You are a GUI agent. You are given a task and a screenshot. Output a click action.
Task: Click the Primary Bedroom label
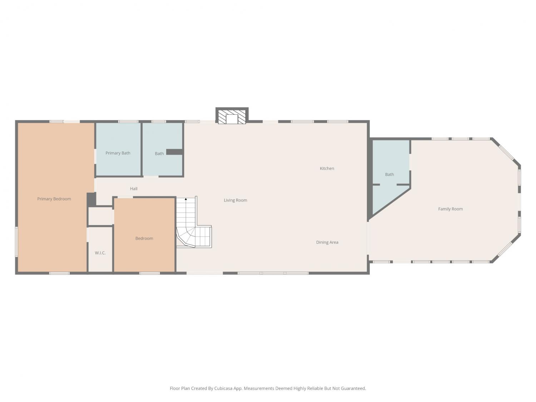(54, 199)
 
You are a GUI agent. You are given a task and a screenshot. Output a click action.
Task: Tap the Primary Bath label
(118, 153)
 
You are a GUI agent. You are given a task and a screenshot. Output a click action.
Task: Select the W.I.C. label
(100, 253)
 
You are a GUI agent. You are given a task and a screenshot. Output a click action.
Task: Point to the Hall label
(134, 189)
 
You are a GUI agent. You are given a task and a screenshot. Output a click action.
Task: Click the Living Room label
(235, 200)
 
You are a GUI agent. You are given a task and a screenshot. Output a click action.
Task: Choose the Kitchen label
(327, 168)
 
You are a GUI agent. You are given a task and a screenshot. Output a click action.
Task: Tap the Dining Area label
(327, 242)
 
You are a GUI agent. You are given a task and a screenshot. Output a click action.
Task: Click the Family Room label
(450, 209)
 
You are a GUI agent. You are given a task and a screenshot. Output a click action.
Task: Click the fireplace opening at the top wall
(232, 119)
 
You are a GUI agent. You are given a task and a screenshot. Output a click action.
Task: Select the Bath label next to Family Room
(389, 174)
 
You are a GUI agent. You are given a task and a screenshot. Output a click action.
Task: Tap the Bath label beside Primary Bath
(159, 154)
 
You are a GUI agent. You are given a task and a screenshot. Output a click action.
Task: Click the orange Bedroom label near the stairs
(144, 238)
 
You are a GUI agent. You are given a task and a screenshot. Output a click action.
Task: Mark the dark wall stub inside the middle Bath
(175, 152)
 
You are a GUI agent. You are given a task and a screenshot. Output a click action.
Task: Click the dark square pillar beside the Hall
(91, 200)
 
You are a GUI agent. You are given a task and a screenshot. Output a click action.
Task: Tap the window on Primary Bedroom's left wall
(16, 242)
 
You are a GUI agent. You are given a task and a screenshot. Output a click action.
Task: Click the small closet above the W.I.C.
(100, 216)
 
